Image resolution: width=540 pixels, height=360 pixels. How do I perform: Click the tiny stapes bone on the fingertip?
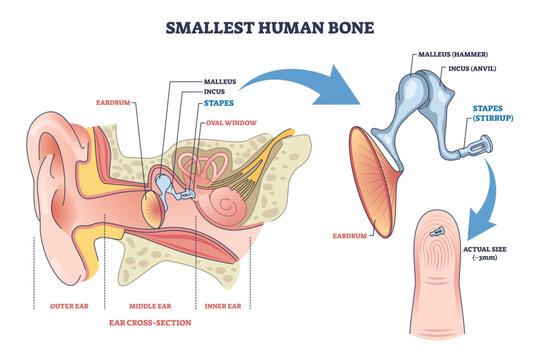pos(438,230)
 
